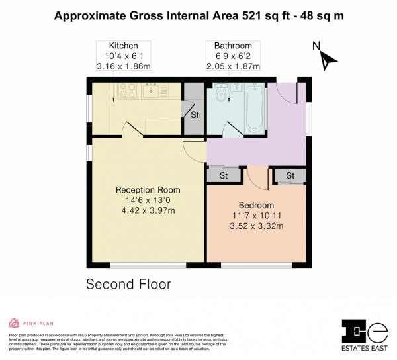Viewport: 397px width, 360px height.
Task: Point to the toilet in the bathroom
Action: (220, 93)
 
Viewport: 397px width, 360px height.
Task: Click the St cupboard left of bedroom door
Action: (224, 175)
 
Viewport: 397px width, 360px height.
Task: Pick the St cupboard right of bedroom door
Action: (290, 175)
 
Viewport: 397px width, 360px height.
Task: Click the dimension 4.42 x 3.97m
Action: (147, 211)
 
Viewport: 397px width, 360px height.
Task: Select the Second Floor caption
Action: (128, 285)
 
